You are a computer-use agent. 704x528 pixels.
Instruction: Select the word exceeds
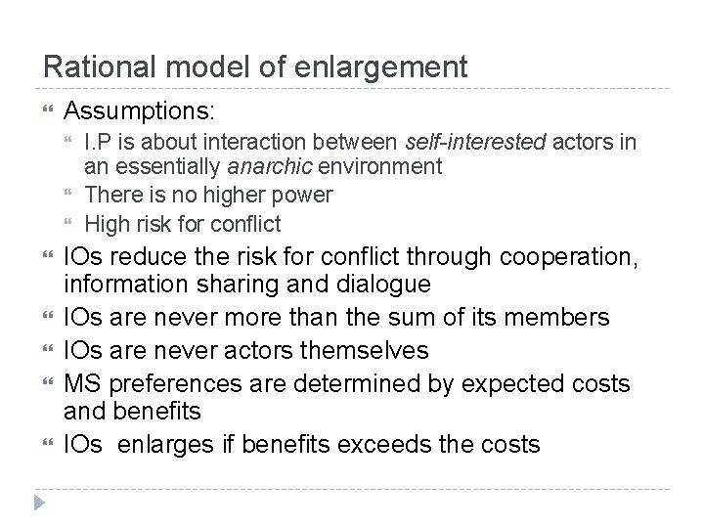(389, 445)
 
